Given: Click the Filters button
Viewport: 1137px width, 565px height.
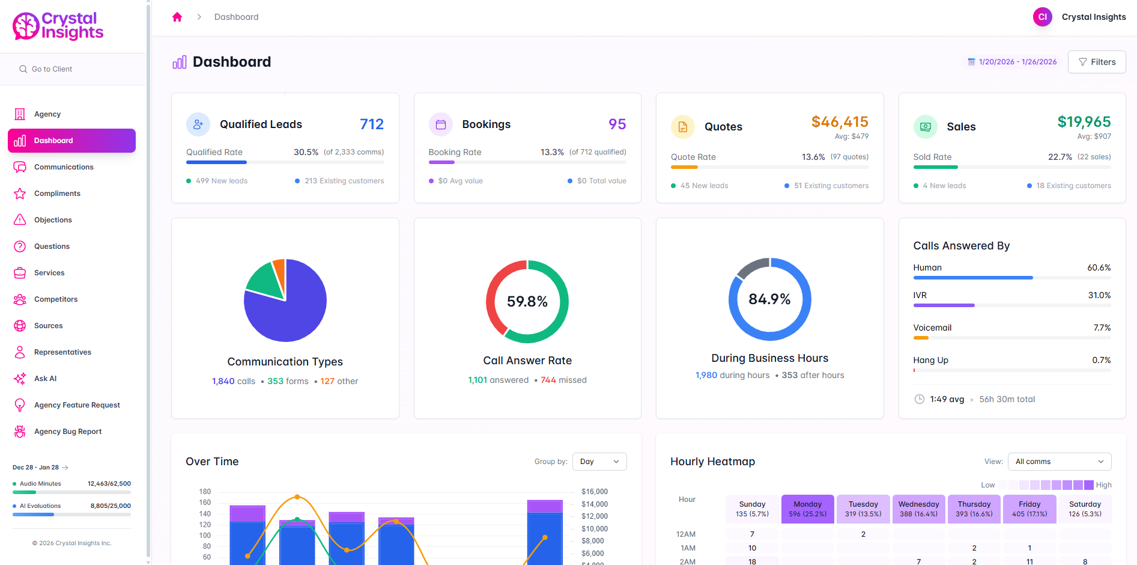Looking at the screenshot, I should (1096, 62).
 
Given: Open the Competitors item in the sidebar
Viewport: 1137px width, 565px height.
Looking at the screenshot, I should (55, 299).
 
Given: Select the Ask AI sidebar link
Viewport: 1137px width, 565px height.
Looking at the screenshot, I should (45, 379).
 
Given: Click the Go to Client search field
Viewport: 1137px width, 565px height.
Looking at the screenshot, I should (72, 69).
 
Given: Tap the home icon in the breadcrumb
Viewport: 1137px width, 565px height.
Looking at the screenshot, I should (177, 17).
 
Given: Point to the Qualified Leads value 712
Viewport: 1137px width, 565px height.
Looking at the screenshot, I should (371, 124).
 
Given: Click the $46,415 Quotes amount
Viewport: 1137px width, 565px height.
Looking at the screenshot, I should (839, 122).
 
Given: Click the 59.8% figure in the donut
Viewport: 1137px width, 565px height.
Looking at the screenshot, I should (527, 302).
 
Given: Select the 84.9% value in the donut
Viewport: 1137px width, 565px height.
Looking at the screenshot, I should (769, 299).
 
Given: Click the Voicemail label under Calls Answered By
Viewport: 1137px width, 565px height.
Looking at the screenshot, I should (932, 328).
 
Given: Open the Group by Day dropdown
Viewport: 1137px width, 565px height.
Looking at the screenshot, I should (599, 462).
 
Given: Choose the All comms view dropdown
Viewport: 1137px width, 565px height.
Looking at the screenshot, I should (1059, 462).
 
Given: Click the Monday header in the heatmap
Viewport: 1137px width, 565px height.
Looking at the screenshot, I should (807, 508).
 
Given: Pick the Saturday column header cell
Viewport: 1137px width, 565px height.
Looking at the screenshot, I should (1085, 508).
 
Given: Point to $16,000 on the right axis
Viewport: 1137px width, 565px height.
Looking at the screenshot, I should (594, 492).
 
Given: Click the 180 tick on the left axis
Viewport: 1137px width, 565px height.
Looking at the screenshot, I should (205, 492).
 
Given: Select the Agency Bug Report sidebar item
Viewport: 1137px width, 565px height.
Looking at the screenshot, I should (67, 432).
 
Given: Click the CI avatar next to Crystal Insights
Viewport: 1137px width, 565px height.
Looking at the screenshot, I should (1042, 17).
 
